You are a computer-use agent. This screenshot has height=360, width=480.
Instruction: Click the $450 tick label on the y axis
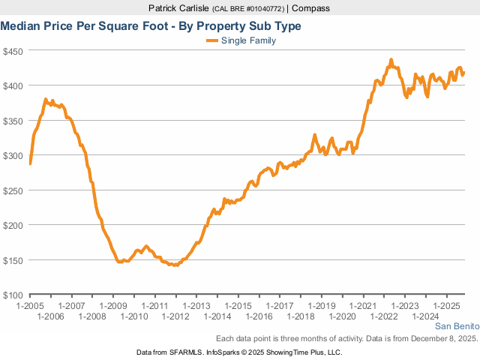click(x=14, y=51)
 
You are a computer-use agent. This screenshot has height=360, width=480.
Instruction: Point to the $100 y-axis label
click(x=14, y=295)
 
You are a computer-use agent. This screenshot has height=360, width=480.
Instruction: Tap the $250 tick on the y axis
click(x=14, y=190)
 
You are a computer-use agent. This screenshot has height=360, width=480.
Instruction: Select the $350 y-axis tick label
click(x=14, y=121)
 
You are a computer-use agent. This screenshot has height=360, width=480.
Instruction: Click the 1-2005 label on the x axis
click(x=30, y=306)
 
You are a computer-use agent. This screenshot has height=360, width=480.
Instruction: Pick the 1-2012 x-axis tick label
click(x=175, y=316)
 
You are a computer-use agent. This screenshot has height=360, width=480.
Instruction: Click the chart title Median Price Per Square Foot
click(x=151, y=26)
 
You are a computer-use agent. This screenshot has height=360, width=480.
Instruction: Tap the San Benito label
click(x=455, y=326)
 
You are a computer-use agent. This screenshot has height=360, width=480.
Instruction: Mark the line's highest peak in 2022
click(x=391, y=59)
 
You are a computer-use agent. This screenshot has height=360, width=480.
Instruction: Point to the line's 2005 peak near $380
click(x=46, y=99)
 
